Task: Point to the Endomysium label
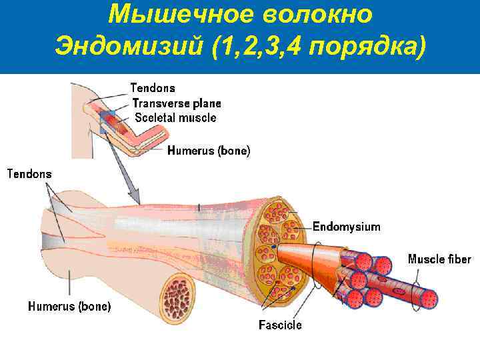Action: coord(346,227)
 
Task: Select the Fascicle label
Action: coord(280,325)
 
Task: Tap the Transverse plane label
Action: coord(177,103)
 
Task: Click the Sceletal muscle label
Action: coord(175,118)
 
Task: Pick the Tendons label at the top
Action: coord(153,88)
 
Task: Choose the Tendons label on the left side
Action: coord(29,174)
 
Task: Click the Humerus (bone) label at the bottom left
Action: coord(69,307)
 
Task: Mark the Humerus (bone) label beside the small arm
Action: coord(209,151)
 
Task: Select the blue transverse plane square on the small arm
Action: coord(107,119)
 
